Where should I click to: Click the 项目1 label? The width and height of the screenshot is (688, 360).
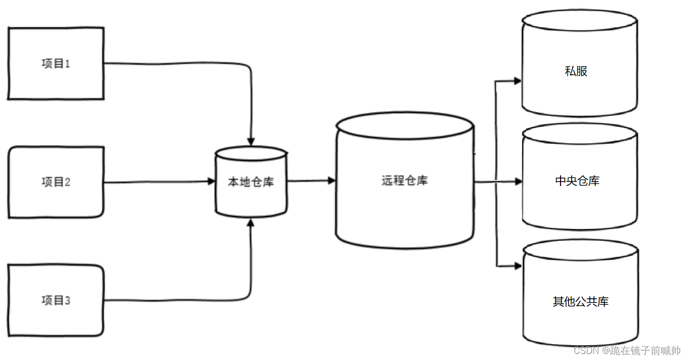tap(56, 64)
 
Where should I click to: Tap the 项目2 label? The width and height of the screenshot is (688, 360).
tap(56, 182)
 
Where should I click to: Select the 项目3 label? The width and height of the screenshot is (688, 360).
tap(56, 301)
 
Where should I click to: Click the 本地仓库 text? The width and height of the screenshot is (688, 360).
tap(251, 182)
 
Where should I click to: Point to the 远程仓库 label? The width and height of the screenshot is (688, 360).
tap(404, 181)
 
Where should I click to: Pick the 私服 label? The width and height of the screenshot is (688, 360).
tap(576, 71)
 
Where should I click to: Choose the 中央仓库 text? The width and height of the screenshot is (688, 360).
tap(577, 181)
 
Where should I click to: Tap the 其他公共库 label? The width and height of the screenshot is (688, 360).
tap(580, 302)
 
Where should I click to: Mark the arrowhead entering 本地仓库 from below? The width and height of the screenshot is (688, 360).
tap(251, 223)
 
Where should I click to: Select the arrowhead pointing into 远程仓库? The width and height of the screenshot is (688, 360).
tap(331, 181)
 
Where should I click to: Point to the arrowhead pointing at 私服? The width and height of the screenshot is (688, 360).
tap(517, 80)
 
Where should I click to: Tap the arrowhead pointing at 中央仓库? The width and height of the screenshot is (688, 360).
tap(517, 182)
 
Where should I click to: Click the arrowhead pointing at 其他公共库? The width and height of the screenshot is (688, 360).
tap(517, 265)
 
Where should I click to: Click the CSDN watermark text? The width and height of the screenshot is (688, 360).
tap(627, 350)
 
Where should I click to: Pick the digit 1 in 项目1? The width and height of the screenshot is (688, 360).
tap(67, 64)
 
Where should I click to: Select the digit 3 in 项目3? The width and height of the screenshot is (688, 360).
tap(67, 301)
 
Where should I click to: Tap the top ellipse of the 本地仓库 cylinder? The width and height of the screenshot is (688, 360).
tap(251, 153)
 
